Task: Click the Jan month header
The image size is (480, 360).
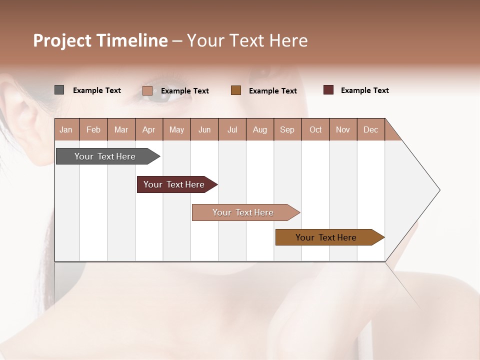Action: click(x=66, y=129)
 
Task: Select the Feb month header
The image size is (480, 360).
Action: click(x=93, y=129)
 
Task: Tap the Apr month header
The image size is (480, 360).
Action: click(x=149, y=129)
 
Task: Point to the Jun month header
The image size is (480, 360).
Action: click(x=204, y=129)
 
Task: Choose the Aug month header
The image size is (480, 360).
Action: click(x=260, y=129)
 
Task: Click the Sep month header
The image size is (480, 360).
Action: click(x=287, y=129)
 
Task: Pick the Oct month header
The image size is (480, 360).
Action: click(x=315, y=129)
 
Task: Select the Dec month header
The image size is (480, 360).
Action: click(x=371, y=129)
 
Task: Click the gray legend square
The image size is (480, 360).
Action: click(x=59, y=90)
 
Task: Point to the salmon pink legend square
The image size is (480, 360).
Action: click(x=147, y=90)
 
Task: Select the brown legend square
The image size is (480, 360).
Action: click(x=236, y=90)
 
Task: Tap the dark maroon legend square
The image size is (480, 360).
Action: click(x=328, y=90)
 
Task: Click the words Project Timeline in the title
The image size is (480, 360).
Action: click(x=100, y=40)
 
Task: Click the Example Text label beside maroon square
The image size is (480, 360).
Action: click(x=364, y=90)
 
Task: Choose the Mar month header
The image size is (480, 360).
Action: click(x=121, y=129)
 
